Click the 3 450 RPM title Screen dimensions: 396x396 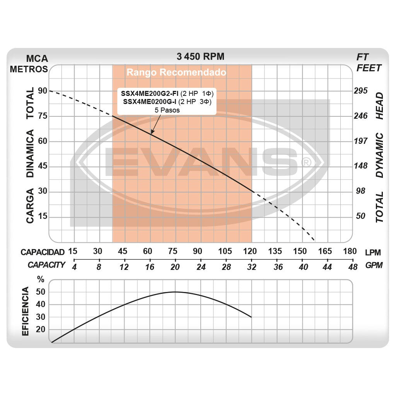point(200,56)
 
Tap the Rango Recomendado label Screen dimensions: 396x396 point(176,72)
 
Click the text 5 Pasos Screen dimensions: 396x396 point(167,110)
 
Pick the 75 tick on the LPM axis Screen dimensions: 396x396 point(172,251)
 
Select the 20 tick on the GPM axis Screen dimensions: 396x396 point(175,267)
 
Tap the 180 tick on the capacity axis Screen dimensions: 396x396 point(350,251)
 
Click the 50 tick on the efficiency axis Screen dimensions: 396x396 point(41,292)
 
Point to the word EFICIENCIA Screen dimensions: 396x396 point(26,311)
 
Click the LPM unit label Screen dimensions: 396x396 point(373,253)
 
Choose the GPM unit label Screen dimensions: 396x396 point(374,265)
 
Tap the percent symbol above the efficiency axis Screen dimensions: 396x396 point(41,279)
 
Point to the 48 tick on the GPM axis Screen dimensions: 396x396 point(352,267)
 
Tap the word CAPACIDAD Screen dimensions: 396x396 point(43,252)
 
